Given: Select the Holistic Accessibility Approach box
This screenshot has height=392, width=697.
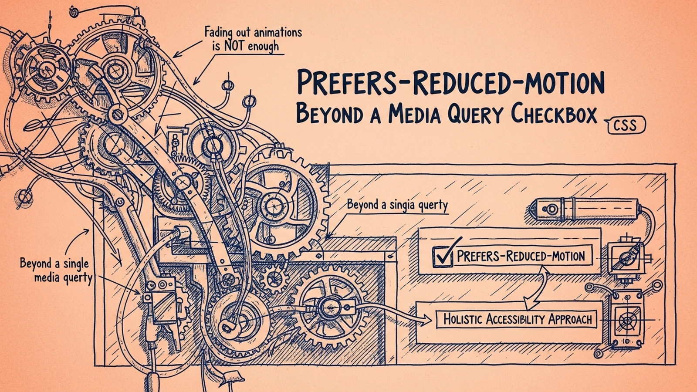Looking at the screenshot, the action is coord(517,320).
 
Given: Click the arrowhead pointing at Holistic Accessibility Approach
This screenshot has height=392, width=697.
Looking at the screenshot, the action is coord(427,319).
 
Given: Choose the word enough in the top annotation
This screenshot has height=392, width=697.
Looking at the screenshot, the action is coord(265,47).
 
